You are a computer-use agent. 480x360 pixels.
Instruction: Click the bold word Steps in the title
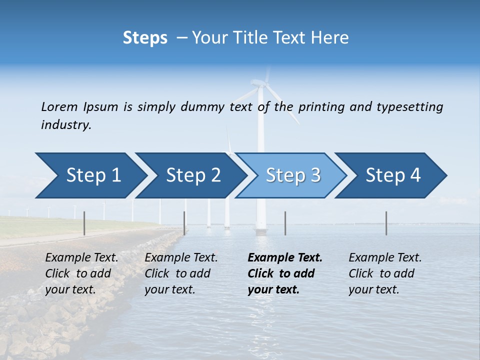pos(145,37)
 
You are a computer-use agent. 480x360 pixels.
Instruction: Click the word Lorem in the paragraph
pos(59,106)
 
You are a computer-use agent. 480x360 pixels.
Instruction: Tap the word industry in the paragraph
pos(66,124)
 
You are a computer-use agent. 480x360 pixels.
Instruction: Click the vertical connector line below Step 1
pos(84,223)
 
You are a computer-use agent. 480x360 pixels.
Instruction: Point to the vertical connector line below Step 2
pos(184,223)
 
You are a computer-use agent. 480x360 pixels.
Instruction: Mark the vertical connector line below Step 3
pos(285,223)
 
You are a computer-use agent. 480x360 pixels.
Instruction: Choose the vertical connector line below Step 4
pos(386,223)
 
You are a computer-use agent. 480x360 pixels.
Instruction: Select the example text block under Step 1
pos(81,273)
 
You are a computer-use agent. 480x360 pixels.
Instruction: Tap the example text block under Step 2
pos(181,273)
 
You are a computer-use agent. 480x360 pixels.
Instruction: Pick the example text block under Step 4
pos(385,273)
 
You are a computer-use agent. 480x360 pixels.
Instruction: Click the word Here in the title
pos(332,37)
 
